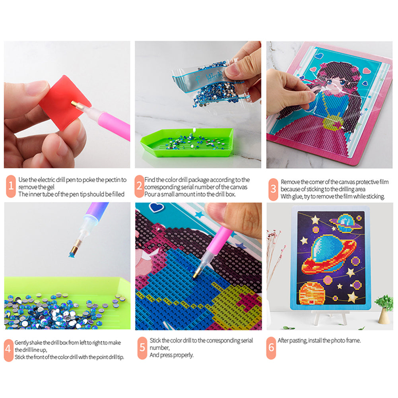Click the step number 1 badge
pos(11,186)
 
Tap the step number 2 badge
pos(139,186)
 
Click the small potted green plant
pos(384,306)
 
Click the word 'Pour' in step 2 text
pos(150,194)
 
